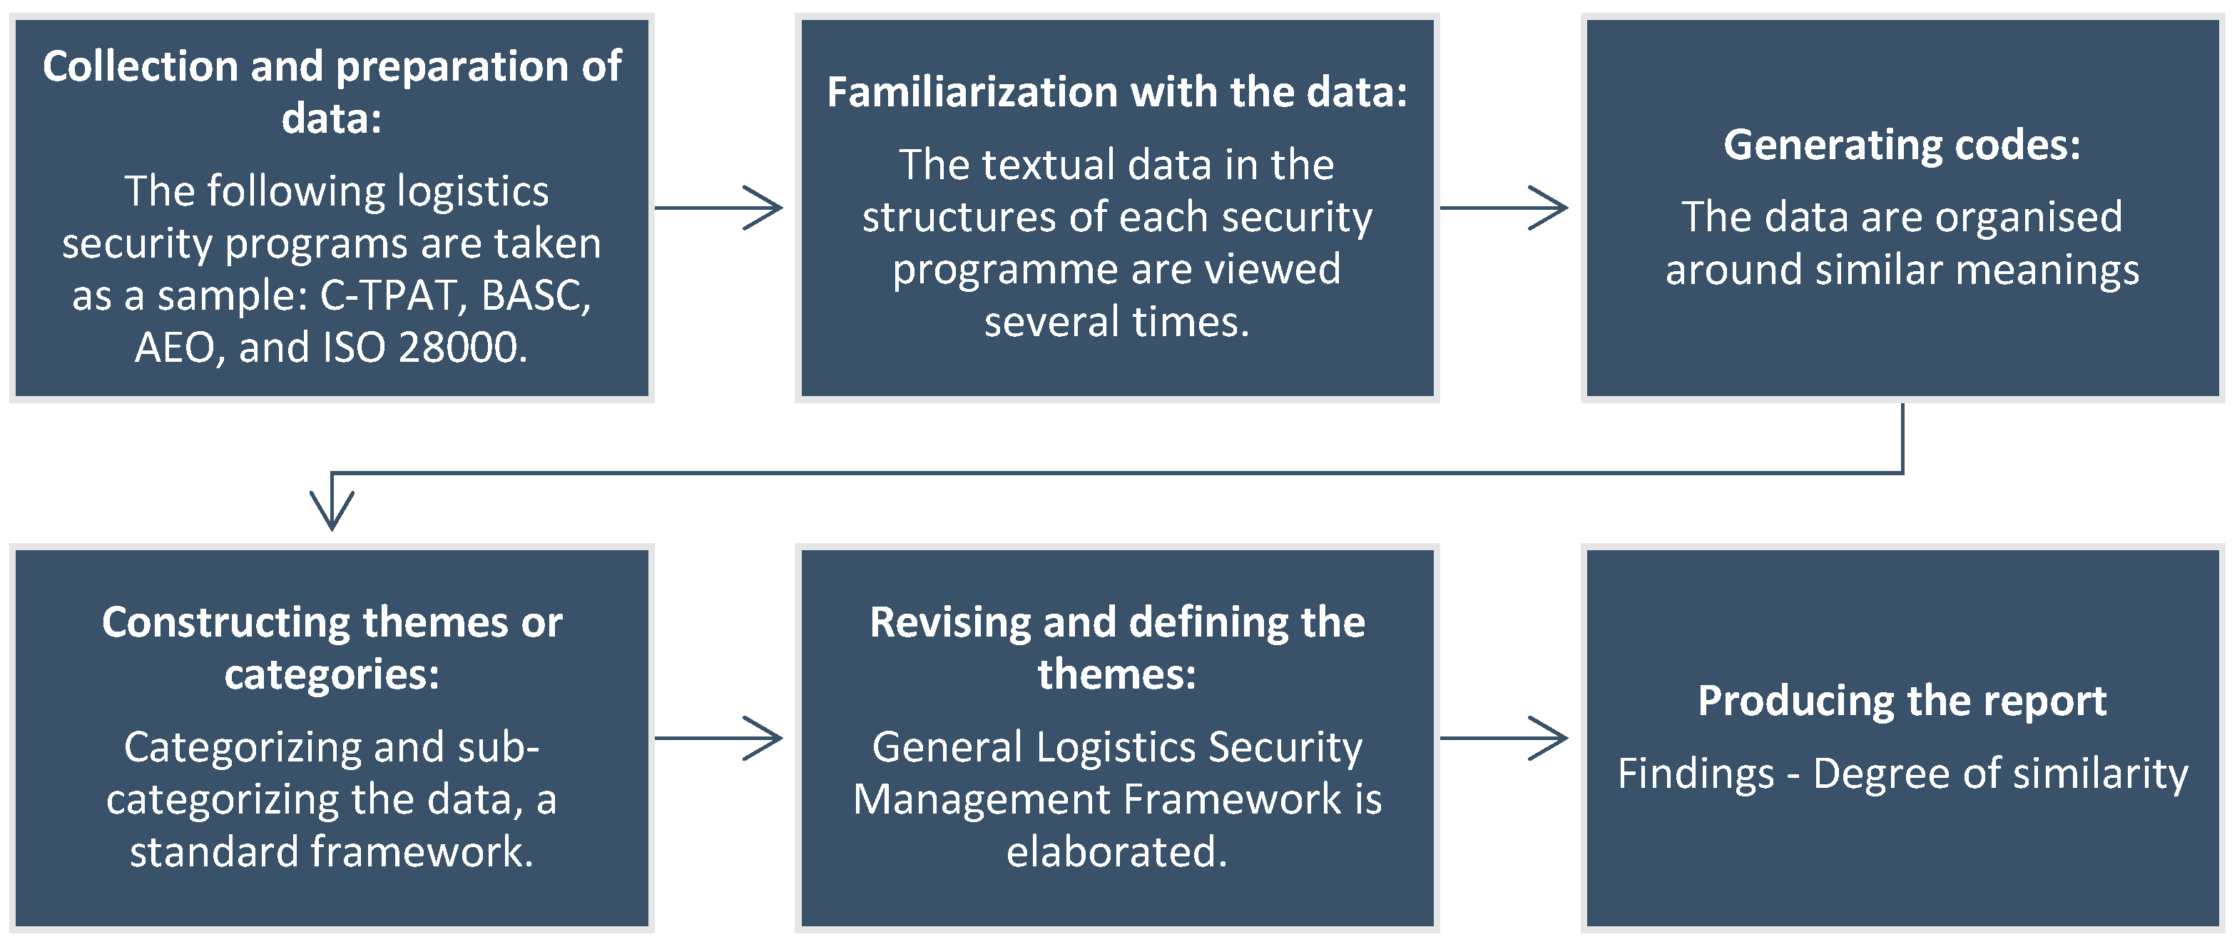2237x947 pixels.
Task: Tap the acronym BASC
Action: coord(535,295)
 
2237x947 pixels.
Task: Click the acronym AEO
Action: coord(173,348)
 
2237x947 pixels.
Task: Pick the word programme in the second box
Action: coord(1006,269)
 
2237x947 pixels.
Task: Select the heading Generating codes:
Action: coord(1902,144)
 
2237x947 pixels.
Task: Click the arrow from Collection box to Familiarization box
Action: coord(719,208)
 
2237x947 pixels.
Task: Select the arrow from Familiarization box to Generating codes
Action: coord(1504,208)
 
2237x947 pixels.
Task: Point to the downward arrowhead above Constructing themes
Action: coord(332,508)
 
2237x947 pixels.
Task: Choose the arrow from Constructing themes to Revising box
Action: coord(719,739)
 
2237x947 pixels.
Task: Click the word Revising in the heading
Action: coord(949,622)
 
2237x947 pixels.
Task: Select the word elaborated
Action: coord(1117,852)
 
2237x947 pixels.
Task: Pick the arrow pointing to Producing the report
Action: coord(1504,739)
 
